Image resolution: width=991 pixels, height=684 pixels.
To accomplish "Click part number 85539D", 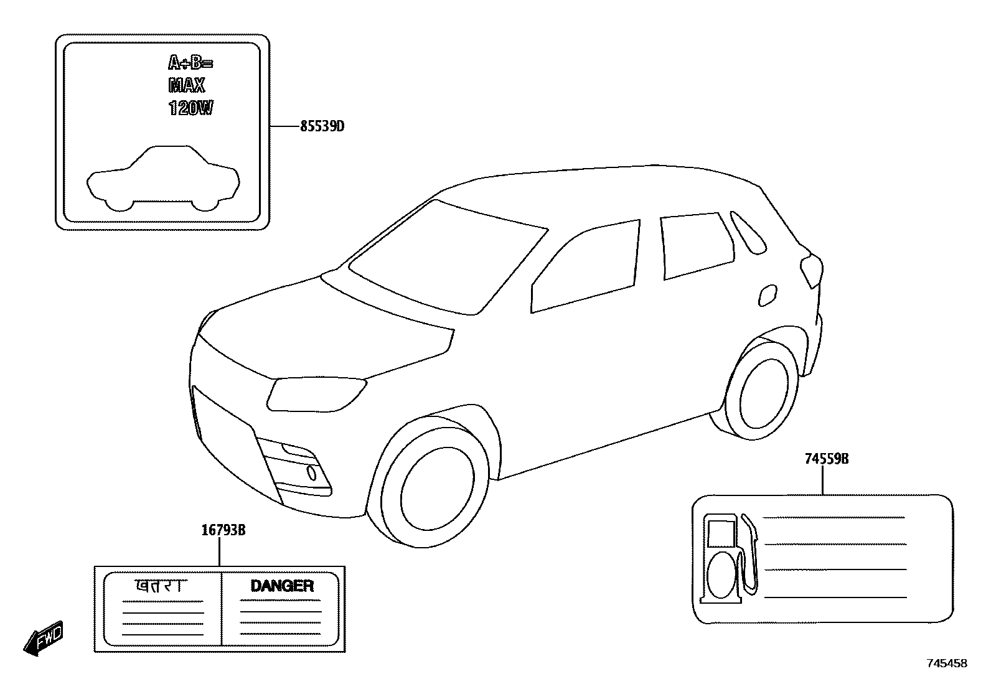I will coord(322,127).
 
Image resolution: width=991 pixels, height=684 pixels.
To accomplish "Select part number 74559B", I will coord(827,459).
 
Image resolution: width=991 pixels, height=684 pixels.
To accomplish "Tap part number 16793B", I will coord(223,531).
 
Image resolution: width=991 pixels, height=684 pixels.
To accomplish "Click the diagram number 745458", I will coord(947,663).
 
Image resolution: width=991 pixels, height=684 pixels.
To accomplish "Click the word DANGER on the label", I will coord(281,586).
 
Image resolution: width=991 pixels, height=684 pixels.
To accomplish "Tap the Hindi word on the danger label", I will coord(161,586).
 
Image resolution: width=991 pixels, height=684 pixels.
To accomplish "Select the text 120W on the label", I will coord(190,108).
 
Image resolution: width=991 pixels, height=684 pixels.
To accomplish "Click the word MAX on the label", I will coord(186,85).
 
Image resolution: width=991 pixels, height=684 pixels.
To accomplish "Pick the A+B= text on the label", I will coord(190,63).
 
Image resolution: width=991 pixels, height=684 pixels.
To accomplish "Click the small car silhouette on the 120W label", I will coord(162,178).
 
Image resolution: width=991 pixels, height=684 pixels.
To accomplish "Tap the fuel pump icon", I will coord(730,558).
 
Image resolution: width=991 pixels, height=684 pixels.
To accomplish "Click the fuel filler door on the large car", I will coord(768,295).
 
